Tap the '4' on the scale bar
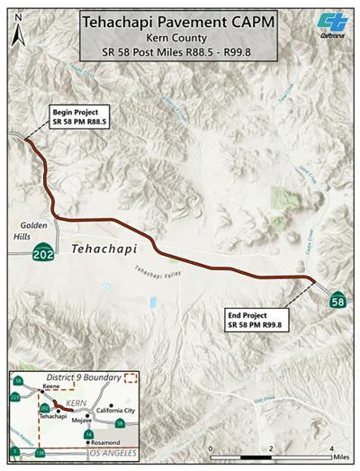click(x=332, y=448)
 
